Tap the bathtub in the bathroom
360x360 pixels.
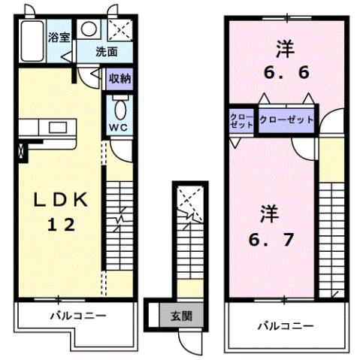[32, 43]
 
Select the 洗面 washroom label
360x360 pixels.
[107, 52]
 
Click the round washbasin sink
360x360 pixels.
[89, 29]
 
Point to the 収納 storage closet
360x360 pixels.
[119, 77]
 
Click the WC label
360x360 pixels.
[119, 127]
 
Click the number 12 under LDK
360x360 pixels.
[63, 225]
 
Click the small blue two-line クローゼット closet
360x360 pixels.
[241, 121]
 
